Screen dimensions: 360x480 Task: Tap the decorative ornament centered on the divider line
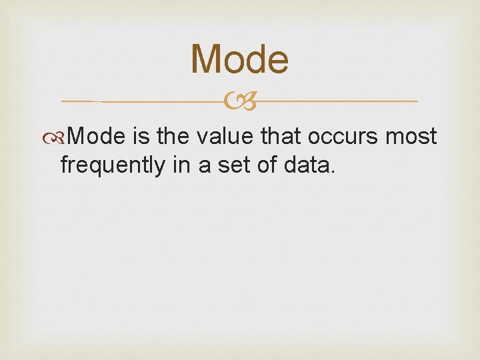click(x=240, y=101)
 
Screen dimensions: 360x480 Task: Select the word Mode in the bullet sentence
click(x=96, y=137)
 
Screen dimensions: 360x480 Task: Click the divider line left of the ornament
click(x=147, y=101)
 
